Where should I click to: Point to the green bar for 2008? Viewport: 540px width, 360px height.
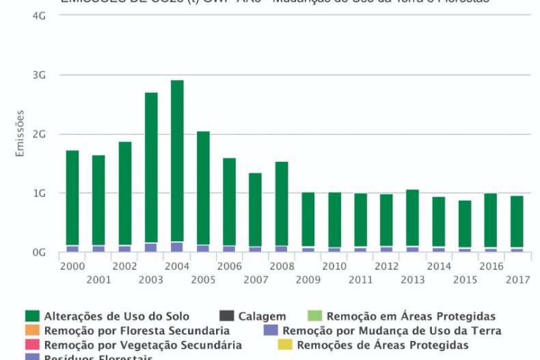(x=282, y=203)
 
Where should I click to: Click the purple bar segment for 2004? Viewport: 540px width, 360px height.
(x=177, y=247)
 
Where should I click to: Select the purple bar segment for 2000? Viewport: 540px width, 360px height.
(x=72, y=249)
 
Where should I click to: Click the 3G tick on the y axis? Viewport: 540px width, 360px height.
(x=39, y=75)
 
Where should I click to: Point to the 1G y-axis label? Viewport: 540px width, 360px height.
(x=39, y=193)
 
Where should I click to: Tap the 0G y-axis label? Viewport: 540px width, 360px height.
(x=39, y=253)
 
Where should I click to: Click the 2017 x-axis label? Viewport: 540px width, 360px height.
(x=517, y=279)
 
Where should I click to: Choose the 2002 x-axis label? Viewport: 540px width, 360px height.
(x=124, y=266)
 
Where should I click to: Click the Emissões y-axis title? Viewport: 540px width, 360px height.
(x=20, y=133)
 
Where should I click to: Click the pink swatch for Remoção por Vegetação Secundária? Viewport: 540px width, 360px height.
(x=32, y=345)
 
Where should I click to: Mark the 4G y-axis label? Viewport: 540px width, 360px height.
(x=39, y=16)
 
